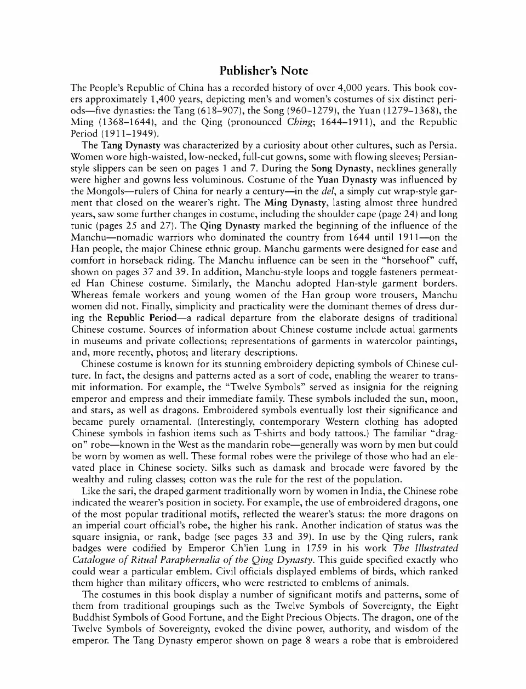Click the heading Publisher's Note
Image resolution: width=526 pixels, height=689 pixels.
(x=264, y=71)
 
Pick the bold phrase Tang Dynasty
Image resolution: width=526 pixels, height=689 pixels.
(x=130, y=145)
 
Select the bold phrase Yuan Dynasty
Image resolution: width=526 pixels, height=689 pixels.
(x=351, y=180)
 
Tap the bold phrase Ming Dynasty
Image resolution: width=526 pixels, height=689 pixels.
(x=296, y=203)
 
